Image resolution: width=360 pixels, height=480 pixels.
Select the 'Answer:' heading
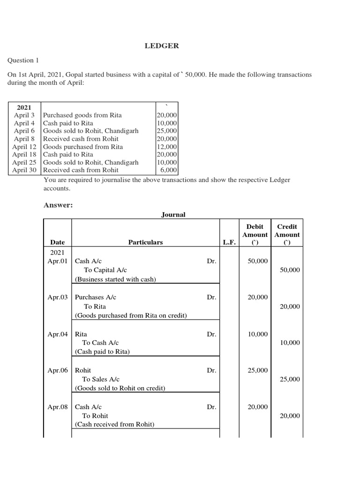point(58,205)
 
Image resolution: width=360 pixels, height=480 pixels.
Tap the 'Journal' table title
point(173,214)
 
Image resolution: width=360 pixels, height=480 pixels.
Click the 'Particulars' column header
point(146,242)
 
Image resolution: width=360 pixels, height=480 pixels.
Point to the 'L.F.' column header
point(230,242)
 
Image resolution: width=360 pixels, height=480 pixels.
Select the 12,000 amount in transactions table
point(167,147)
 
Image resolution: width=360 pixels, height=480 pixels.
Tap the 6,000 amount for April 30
point(169,170)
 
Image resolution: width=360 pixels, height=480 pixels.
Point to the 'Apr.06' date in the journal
point(58,370)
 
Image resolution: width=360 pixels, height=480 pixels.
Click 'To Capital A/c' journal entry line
point(105,270)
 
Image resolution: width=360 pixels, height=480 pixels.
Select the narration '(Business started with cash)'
point(115,279)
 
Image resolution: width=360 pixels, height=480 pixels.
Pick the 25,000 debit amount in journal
point(258,370)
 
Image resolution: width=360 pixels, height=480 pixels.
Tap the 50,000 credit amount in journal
point(289,270)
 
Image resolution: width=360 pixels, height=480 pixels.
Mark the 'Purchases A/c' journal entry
point(96,297)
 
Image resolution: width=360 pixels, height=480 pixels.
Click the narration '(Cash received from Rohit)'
point(114,425)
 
